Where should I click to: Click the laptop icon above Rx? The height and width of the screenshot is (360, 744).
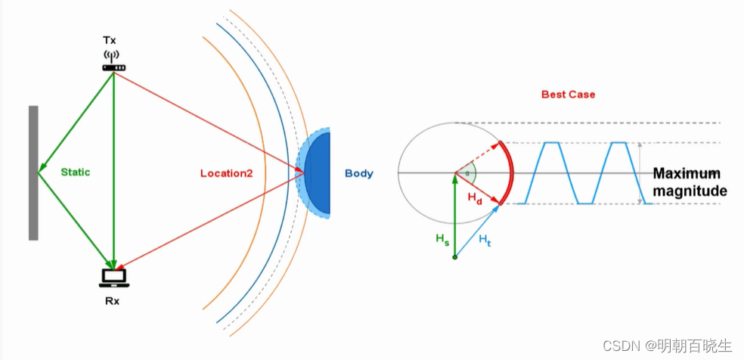(113, 278)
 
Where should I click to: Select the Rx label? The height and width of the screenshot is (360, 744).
(113, 300)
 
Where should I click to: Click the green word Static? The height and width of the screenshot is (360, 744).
(76, 172)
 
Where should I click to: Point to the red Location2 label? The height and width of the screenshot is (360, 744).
(226, 173)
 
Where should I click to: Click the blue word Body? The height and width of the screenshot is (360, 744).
(359, 173)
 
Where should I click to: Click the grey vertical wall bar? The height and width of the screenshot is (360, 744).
(33, 172)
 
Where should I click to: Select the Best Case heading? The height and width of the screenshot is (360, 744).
(568, 95)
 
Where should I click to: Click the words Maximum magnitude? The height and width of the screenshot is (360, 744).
(690, 182)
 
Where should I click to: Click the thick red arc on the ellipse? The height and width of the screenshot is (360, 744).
(510, 172)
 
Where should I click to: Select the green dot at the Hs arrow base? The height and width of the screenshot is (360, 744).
(455, 258)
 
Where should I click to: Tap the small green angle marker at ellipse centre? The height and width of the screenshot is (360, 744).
(468, 172)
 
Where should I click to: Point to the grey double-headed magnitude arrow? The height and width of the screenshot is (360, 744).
(641, 172)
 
